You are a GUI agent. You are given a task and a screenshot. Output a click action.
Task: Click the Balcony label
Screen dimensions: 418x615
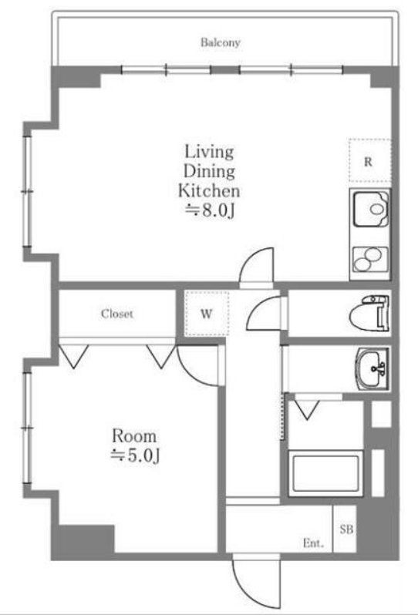pos(221,42)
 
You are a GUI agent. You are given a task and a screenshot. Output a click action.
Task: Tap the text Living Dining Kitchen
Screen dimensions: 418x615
pos(209,171)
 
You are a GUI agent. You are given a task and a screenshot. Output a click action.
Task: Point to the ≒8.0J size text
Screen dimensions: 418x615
pos(210,211)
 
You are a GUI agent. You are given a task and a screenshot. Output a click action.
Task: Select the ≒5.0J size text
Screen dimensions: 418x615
pos(136,455)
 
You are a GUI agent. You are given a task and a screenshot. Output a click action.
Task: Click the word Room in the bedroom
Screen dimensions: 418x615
pos(134,435)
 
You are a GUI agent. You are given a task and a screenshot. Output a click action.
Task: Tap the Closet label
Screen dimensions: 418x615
pos(117,314)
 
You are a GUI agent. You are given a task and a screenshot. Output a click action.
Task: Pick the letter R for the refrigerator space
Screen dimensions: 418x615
pos(368,162)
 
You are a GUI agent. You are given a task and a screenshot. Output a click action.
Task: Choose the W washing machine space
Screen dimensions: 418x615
pos(207,314)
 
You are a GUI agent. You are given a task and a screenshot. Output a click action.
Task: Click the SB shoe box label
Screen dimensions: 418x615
pos(346,529)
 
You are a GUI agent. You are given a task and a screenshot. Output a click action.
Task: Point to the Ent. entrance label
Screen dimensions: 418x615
pos(313,543)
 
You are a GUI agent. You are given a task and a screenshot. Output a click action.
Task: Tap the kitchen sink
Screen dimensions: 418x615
pos(370,209)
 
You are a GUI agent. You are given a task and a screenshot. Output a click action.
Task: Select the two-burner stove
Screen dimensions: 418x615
pos(370,260)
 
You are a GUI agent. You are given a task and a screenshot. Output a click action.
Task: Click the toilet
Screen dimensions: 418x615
pos(369,313)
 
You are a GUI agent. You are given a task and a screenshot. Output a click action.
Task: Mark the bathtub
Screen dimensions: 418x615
pos(325,472)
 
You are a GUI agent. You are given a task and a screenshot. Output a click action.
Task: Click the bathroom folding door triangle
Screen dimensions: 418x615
pos(307,409)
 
